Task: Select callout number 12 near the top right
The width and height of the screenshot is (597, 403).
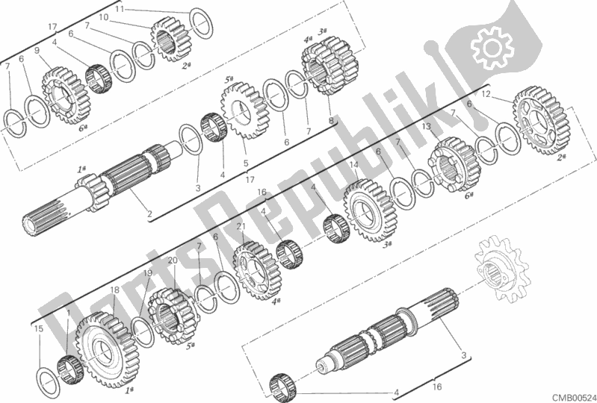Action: [x=486, y=95]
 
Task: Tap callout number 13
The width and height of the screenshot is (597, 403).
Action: [x=427, y=127]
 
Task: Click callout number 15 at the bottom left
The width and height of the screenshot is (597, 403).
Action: [x=38, y=328]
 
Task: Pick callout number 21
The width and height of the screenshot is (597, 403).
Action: [x=240, y=227]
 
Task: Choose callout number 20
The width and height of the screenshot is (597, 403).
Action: [x=173, y=260]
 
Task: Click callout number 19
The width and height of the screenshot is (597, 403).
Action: [x=148, y=274]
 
